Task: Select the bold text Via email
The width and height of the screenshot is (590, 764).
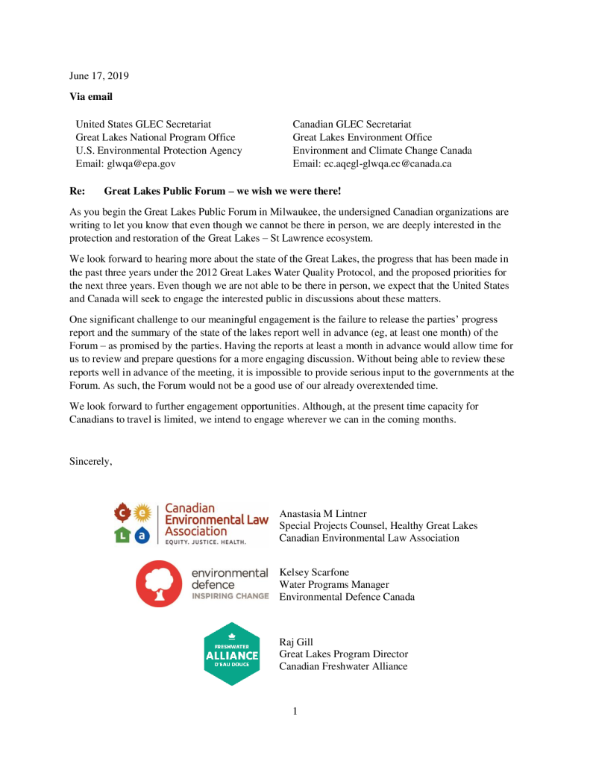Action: (91, 97)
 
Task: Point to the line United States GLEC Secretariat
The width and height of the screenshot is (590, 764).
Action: (143, 124)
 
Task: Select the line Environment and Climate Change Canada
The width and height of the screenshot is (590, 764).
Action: (382, 151)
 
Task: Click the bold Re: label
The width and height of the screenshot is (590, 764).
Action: (78, 192)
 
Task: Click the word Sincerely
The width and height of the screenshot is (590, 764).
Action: (91, 461)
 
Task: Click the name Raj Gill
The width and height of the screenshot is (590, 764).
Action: (296, 642)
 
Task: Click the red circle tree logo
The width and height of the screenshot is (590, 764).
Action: (159, 583)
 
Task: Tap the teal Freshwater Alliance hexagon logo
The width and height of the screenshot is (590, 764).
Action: (232, 654)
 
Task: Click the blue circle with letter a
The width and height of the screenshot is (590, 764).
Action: (142, 534)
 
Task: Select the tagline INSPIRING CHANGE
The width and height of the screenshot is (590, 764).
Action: (230, 596)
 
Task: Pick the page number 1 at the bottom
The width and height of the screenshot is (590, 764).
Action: (295, 711)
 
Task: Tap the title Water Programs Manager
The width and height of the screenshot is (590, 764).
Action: (334, 585)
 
